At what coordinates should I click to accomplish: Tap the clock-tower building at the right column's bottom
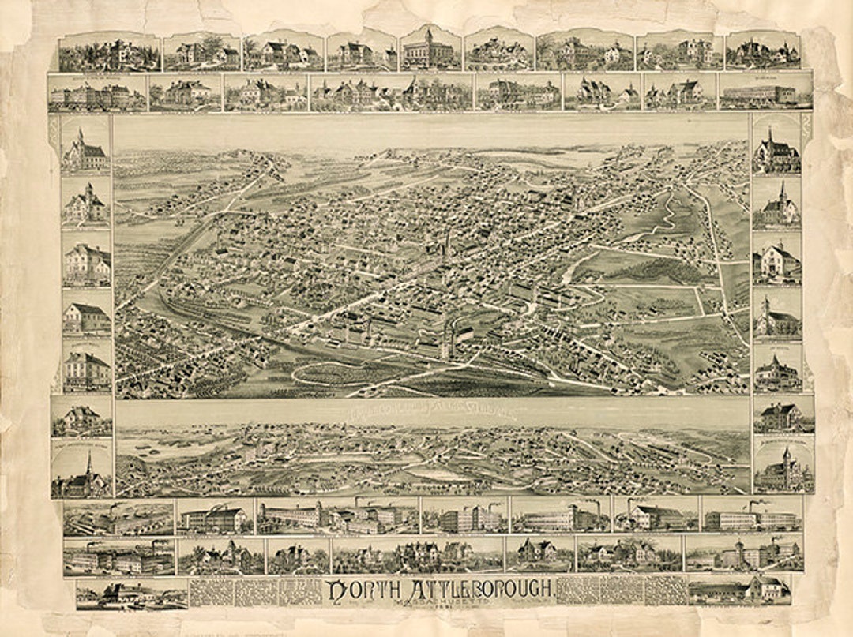[x=783, y=469]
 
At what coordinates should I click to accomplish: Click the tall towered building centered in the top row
[x=430, y=50]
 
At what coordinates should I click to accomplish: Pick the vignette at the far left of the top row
[x=109, y=53]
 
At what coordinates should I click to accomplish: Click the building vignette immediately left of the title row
[x=131, y=593]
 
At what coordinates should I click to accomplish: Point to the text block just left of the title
[x=254, y=590]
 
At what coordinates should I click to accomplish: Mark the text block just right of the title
[x=622, y=590]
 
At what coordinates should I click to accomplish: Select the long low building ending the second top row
[x=765, y=93]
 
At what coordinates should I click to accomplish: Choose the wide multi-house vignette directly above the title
[x=416, y=555]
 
